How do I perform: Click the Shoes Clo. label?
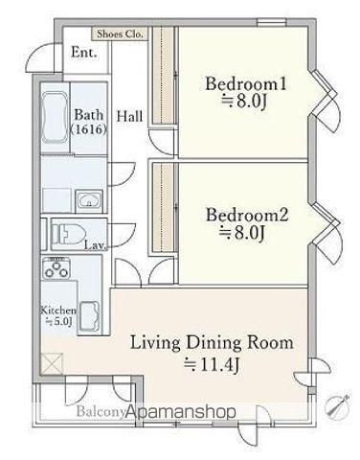click(x=120, y=34)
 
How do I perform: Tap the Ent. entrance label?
click(x=84, y=53)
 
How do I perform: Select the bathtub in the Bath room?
click(x=55, y=118)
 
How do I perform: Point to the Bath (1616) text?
click(x=88, y=122)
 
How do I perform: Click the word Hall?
click(x=129, y=116)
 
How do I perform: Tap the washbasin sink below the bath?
click(x=89, y=200)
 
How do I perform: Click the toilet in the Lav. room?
click(x=67, y=234)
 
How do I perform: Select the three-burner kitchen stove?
click(x=56, y=268)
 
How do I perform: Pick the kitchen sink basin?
click(x=89, y=316)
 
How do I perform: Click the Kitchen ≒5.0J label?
click(x=58, y=316)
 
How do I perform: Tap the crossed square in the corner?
click(x=52, y=363)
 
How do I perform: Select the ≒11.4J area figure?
click(x=212, y=365)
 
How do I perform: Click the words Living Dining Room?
click(x=212, y=342)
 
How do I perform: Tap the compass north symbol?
click(x=336, y=405)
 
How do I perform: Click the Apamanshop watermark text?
click(x=181, y=412)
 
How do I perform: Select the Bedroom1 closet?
click(x=163, y=76)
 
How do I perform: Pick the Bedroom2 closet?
click(x=163, y=207)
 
